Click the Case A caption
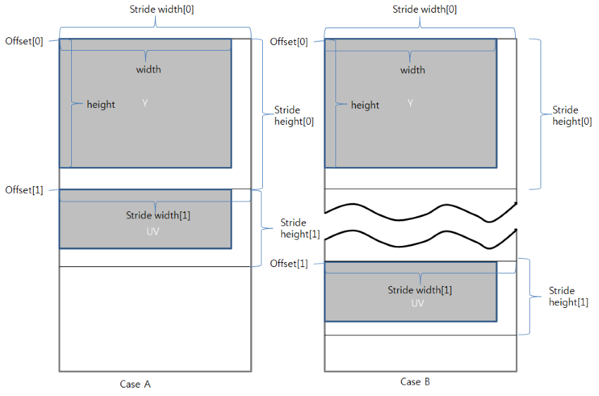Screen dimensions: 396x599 coord(135,384)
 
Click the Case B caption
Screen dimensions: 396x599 coord(415,381)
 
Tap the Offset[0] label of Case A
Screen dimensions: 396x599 coord(24,41)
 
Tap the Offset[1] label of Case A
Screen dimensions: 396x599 coord(24,190)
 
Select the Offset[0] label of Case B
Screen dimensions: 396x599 coord(289,42)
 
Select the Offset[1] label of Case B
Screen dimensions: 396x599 coord(289,263)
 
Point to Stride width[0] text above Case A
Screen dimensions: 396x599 coord(155,9)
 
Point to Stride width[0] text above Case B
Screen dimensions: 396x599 coord(420,9)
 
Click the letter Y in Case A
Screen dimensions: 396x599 coord(144,103)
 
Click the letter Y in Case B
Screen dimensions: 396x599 coord(409,104)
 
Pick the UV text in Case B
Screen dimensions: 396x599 coord(418,303)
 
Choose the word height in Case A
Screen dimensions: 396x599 coord(101,104)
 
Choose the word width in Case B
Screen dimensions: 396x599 coord(412,70)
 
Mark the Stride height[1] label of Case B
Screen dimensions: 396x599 coord(569,296)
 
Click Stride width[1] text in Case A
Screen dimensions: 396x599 coord(158,215)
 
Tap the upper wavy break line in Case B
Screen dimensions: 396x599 coord(420,210)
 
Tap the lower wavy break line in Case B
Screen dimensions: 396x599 coord(420,238)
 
